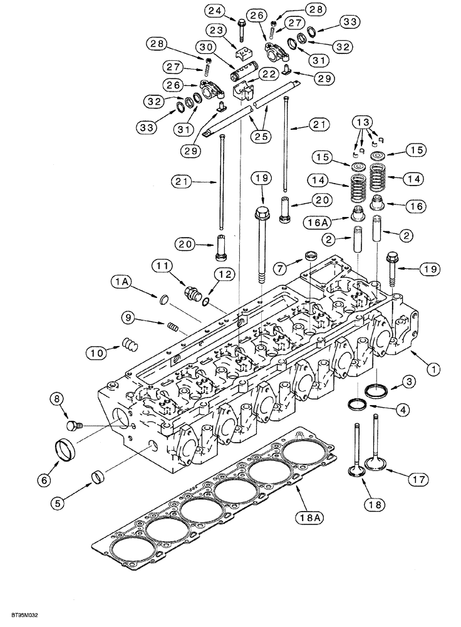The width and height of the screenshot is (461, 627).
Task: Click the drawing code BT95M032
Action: coord(21,616)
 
